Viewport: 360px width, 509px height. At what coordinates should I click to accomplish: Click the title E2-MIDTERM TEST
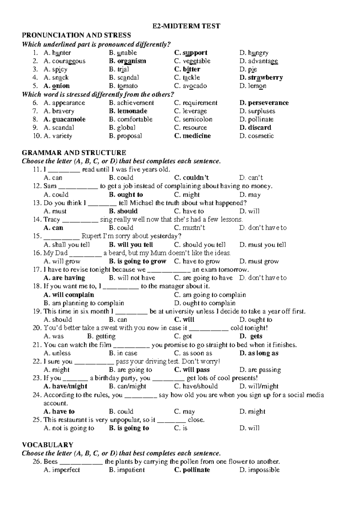[x=186, y=26]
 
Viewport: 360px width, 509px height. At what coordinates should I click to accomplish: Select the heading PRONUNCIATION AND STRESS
[x=76, y=35]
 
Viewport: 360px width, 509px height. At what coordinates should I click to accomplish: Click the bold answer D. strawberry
[x=261, y=77]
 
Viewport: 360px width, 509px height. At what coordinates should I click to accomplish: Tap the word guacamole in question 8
[x=69, y=119]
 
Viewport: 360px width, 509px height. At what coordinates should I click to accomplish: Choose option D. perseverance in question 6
[x=264, y=103]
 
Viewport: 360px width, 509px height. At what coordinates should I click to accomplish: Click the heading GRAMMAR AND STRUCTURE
[x=74, y=152]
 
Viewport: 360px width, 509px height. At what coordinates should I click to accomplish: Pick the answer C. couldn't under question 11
[x=191, y=178]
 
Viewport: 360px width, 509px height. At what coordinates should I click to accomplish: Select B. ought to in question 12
[x=126, y=194]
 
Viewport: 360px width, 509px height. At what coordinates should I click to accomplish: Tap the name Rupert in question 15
[x=91, y=236]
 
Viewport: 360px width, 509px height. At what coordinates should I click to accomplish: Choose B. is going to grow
[x=137, y=261]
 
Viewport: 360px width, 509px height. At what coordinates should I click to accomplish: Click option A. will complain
[x=69, y=295]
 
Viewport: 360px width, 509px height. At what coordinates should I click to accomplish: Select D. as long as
[x=259, y=353]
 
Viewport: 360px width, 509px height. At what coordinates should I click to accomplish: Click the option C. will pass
[x=192, y=370]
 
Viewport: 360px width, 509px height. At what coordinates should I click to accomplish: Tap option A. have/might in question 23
[x=65, y=386]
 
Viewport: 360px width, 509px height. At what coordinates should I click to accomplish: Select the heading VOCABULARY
[x=47, y=444]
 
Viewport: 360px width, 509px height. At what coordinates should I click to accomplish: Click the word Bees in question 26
[x=50, y=461]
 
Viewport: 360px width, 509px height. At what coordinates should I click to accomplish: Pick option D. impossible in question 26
[x=259, y=470]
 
